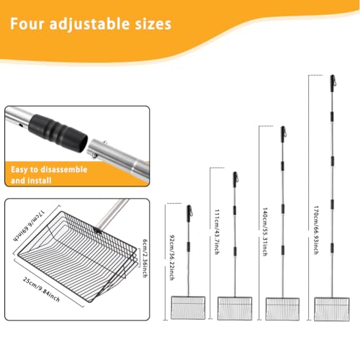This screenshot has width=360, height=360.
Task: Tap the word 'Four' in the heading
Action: (27, 24)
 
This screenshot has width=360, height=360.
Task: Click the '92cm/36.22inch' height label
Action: (172, 258)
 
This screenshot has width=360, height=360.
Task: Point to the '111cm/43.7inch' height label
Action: (217, 232)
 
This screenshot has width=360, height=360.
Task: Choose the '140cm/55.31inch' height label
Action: (265, 232)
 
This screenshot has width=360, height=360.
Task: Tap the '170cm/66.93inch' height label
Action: (316, 230)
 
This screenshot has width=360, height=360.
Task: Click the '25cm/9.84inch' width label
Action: (41, 289)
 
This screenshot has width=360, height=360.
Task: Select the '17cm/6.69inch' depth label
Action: (29, 225)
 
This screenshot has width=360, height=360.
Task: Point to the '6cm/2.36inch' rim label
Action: (145, 258)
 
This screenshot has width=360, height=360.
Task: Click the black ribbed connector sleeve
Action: (58, 132)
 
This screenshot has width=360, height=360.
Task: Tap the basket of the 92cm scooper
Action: (188, 307)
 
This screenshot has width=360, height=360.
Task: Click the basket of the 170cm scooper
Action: (332, 309)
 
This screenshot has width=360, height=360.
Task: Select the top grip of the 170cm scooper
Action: (333, 84)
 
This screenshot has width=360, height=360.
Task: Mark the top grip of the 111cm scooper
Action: (235, 180)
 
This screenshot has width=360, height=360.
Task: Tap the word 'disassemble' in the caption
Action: (64, 169)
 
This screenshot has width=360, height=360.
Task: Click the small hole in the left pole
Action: (21, 125)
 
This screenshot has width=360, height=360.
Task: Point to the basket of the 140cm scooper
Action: (282, 309)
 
